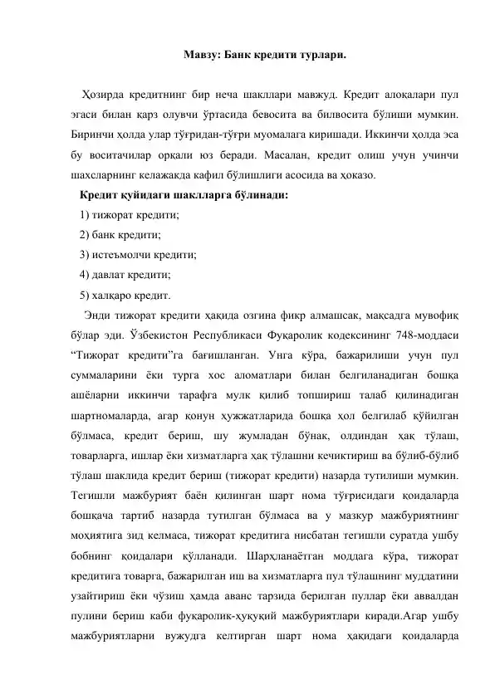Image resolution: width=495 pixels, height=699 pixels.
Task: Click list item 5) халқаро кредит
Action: click(125, 295)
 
